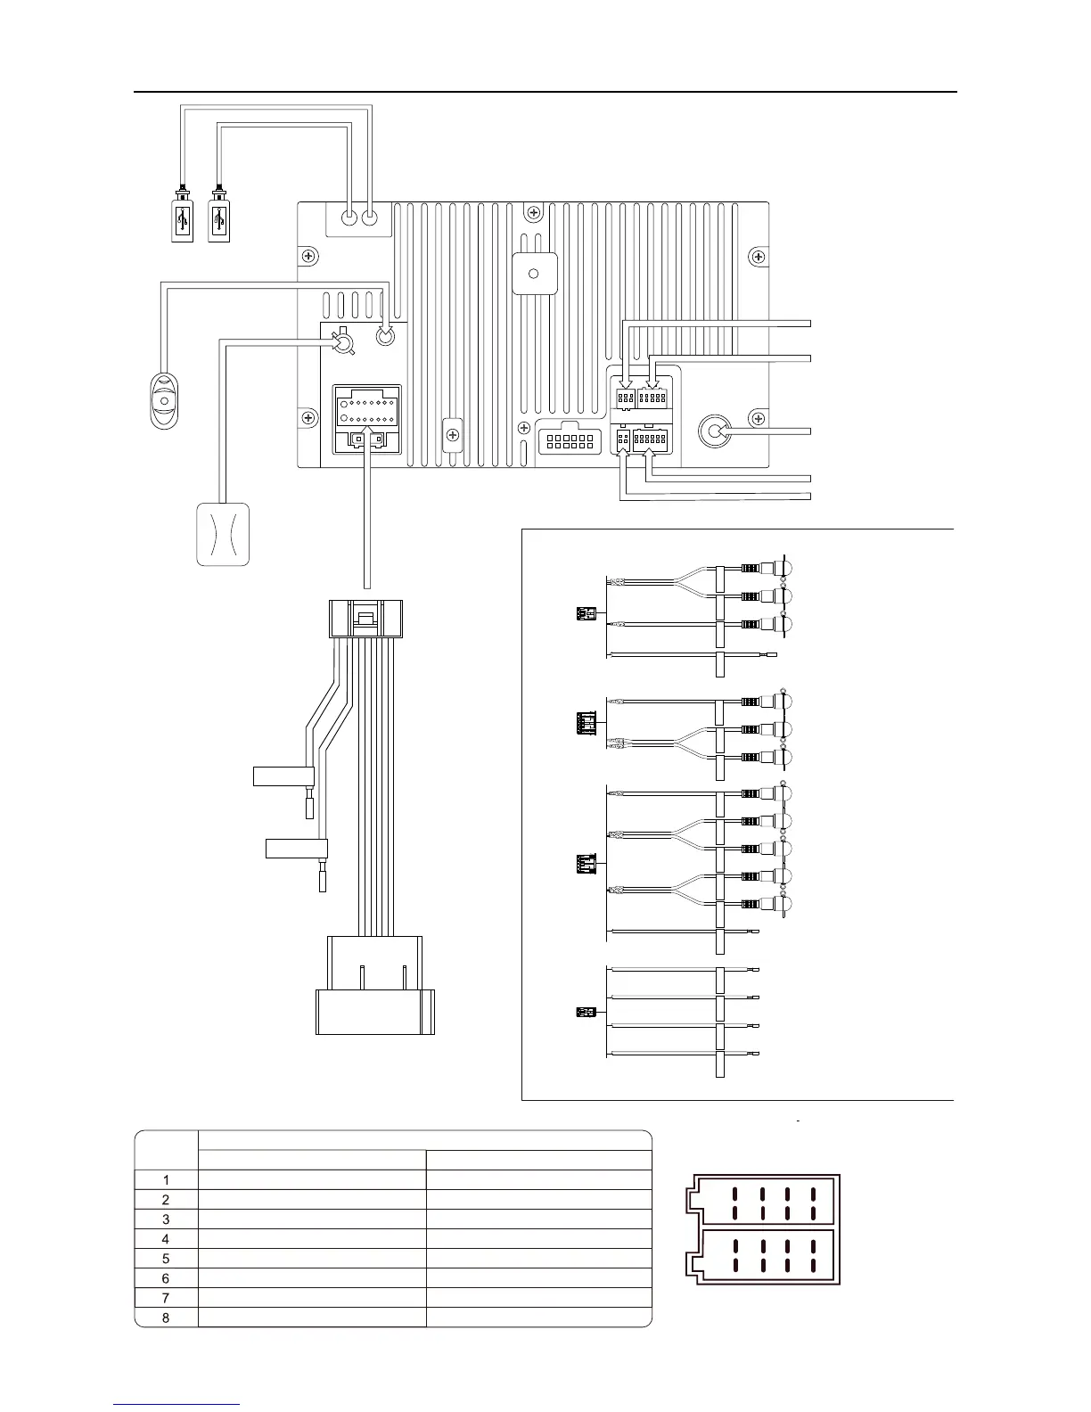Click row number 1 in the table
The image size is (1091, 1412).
point(165,1180)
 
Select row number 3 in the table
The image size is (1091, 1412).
point(165,1219)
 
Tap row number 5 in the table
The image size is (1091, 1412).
point(165,1259)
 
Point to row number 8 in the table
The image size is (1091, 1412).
point(165,1318)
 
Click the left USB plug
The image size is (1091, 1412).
point(182,217)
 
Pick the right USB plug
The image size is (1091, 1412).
point(219,217)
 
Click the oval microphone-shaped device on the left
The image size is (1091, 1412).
point(163,400)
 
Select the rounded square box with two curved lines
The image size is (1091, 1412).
point(223,534)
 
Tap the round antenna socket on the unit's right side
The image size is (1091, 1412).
point(715,431)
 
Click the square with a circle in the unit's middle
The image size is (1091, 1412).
point(535,274)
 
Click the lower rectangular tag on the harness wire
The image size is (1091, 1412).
point(297,848)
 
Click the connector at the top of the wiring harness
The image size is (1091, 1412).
point(365,617)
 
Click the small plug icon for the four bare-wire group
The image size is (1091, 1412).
point(585,1013)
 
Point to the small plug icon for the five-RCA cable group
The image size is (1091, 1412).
point(585,864)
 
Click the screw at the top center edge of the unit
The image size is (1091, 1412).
point(532,213)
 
